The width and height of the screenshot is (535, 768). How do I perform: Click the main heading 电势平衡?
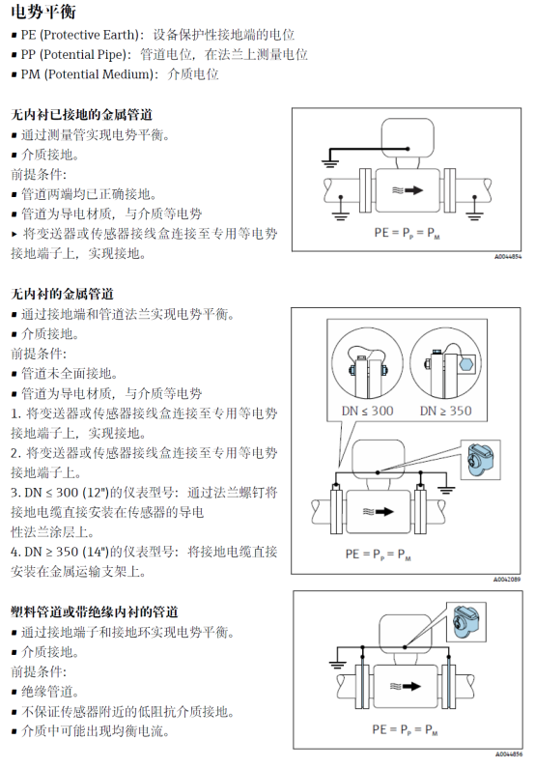tap(43, 12)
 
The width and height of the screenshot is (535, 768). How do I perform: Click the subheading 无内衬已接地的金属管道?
tap(82, 115)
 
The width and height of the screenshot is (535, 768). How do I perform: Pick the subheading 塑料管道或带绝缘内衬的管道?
tap(95, 612)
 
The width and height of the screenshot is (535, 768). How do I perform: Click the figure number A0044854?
tap(508, 256)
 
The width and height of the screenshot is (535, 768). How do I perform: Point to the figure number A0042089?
tap(507, 580)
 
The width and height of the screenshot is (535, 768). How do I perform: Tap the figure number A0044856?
tap(509, 754)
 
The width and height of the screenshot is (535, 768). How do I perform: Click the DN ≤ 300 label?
tap(367, 411)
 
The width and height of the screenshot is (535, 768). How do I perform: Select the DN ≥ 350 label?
tap(445, 411)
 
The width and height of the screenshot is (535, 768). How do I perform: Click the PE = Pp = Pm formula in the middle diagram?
tap(378, 555)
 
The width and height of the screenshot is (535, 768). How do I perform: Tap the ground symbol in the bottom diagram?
tap(336, 664)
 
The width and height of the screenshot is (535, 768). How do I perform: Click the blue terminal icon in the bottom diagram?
tap(465, 622)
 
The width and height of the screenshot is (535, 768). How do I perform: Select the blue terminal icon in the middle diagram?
tap(480, 460)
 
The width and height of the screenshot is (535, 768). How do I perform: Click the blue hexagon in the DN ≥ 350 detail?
tap(466, 364)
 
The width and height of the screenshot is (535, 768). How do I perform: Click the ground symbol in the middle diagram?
tap(446, 489)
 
